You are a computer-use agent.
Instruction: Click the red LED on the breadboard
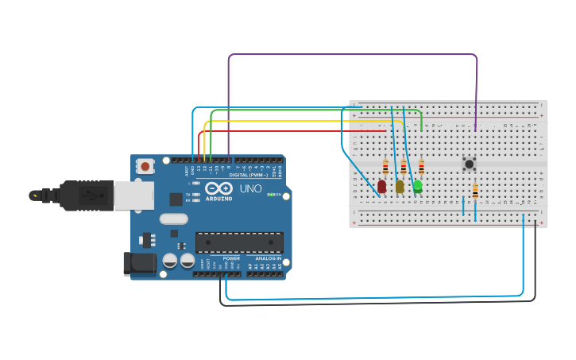382,186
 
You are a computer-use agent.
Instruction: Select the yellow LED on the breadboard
400,186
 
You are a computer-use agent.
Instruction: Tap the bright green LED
418,186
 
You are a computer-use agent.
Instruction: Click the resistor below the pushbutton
475,192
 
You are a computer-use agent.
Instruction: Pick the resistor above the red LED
385,167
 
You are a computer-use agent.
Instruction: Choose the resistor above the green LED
421,167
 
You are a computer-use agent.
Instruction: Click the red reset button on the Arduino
145,166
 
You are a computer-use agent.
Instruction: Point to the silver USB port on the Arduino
134,195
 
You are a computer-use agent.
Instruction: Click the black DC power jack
139,264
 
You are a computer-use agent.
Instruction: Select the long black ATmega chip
239,242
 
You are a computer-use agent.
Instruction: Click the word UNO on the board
251,190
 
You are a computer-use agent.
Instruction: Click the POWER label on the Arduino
231,258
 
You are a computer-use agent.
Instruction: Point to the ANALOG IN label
267,258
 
